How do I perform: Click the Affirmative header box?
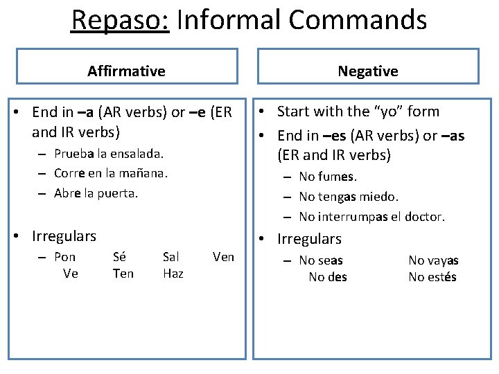pos(126,66)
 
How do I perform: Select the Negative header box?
pos(367,66)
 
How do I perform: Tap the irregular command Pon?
pos(65,257)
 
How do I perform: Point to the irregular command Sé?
pos(119,257)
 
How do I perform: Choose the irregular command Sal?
pos(170,257)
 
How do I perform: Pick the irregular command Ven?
pos(223,257)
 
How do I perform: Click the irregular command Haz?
pos(173,274)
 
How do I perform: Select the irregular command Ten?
pos(123,274)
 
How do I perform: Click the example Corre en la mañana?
pos(111,173)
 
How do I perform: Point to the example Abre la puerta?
pos(96,193)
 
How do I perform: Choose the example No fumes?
pos(329,177)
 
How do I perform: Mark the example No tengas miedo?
pos(349,197)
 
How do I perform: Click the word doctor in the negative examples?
pos(424,217)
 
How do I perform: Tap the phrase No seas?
pos(321,260)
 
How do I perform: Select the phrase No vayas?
pos(433,260)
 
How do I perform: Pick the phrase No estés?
pos(432,277)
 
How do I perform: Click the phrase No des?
pos(328,277)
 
